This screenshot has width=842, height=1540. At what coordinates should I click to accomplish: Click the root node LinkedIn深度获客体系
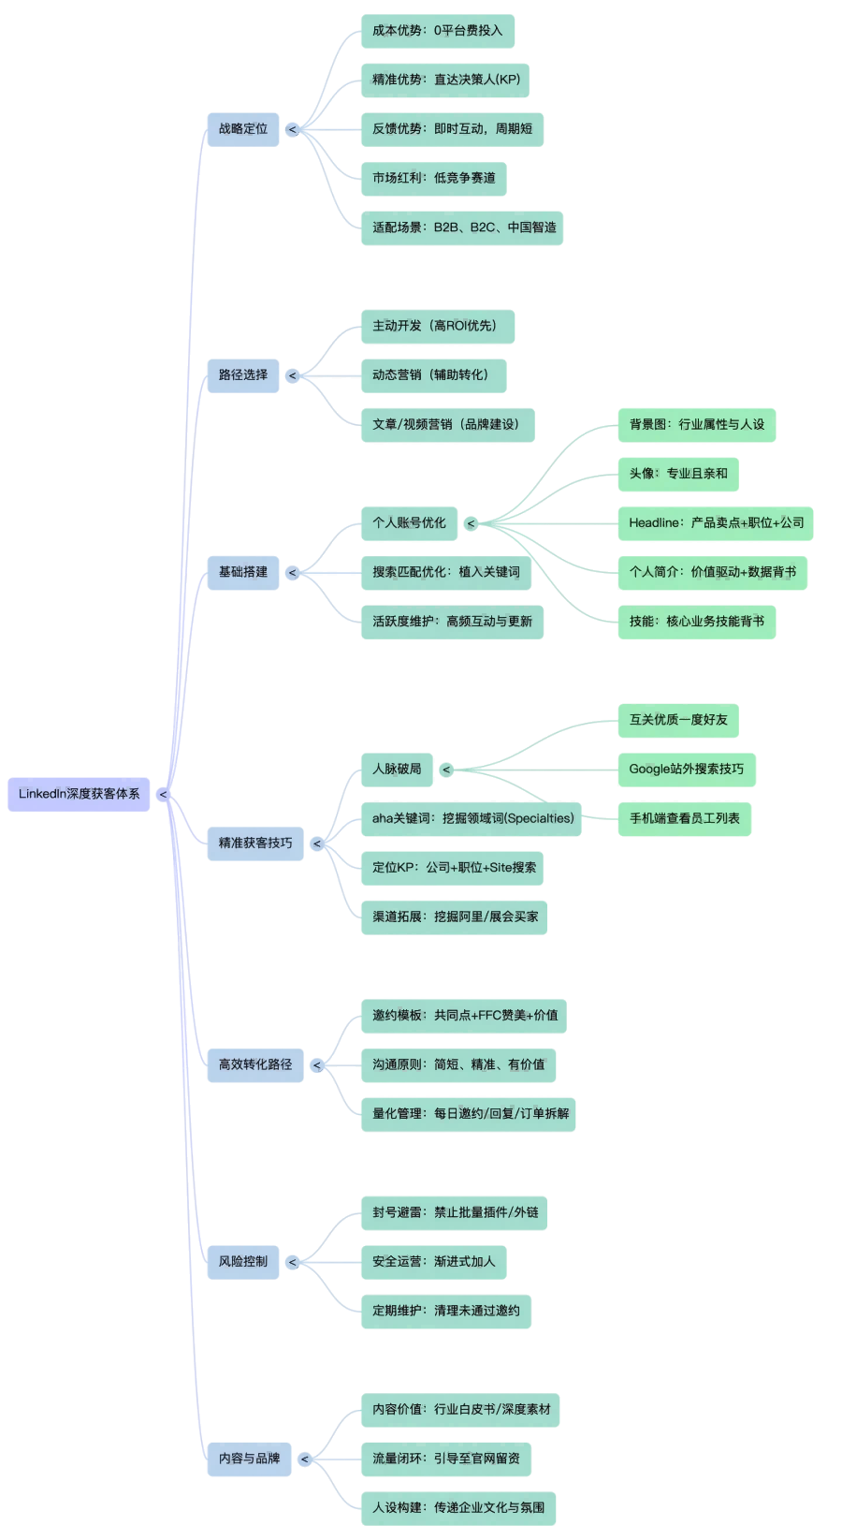(x=79, y=794)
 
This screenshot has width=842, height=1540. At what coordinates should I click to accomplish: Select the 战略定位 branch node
(x=242, y=129)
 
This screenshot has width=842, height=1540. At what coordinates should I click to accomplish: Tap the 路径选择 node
(x=242, y=375)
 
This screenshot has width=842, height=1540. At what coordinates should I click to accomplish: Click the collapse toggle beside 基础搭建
(x=293, y=573)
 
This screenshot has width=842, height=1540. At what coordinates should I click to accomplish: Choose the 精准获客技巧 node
(x=254, y=843)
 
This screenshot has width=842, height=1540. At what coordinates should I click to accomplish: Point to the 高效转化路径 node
(x=254, y=1064)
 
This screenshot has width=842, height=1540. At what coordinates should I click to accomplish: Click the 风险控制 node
(x=242, y=1262)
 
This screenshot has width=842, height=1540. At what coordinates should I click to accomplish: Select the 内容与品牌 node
(x=249, y=1459)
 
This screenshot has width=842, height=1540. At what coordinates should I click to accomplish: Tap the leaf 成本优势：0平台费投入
(x=437, y=31)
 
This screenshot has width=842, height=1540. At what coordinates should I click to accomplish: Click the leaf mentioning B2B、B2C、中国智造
(x=462, y=227)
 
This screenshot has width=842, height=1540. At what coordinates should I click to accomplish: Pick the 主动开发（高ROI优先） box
(x=437, y=327)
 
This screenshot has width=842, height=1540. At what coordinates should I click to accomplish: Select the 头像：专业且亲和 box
(x=677, y=474)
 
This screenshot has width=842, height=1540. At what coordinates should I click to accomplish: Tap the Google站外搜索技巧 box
(x=686, y=770)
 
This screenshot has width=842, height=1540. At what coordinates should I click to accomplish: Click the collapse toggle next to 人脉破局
(x=446, y=770)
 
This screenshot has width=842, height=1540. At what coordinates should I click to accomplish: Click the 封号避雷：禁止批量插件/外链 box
(x=454, y=1213)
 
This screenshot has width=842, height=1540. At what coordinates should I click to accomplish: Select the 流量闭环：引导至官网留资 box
(x=445, y=1459)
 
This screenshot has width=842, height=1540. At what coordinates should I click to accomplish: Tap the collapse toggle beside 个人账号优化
(x=471, y=523)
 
